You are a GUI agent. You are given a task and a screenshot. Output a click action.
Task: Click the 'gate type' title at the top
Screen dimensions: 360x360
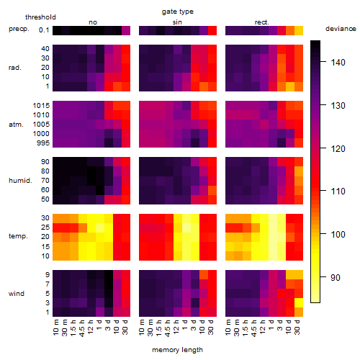(178, 12)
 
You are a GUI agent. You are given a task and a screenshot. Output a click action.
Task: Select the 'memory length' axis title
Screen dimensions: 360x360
(177, 350)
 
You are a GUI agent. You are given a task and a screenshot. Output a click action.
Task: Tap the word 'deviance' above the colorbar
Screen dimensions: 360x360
(341, 29)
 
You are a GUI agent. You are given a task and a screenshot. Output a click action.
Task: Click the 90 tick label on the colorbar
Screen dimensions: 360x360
(336, 278)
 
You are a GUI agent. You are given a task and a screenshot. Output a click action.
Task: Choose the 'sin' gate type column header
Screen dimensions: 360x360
(177, 22)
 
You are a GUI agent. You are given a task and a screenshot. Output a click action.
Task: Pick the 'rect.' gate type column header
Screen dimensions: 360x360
(261, 22)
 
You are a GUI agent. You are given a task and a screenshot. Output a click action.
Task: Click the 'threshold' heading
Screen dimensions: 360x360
(40, 17)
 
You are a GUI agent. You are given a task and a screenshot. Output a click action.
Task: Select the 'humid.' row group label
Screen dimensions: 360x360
(20, 181)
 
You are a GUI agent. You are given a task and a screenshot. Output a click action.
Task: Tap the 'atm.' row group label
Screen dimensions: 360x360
(16, 125)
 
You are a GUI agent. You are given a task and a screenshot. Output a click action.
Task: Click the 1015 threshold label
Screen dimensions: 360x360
(41, 106)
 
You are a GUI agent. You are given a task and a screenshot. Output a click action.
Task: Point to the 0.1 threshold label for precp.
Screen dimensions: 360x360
(44, 30)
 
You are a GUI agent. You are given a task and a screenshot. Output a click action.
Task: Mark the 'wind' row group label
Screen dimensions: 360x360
(17, 294)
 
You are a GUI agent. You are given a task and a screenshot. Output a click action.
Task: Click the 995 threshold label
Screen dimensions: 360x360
(43, 143)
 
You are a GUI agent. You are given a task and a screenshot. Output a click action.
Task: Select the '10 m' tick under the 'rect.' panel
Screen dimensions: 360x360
(228, 327)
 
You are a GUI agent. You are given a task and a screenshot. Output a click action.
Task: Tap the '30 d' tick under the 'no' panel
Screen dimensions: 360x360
(125, 327)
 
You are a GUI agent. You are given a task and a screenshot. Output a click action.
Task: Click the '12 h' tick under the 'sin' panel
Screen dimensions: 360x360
(176, 327)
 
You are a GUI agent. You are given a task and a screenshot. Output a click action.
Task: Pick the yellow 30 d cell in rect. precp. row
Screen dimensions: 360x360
(299, 31)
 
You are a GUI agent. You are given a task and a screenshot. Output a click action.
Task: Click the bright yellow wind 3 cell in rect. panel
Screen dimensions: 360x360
(299, 302)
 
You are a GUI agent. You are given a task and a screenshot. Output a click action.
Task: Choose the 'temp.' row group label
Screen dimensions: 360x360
(18, 236)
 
